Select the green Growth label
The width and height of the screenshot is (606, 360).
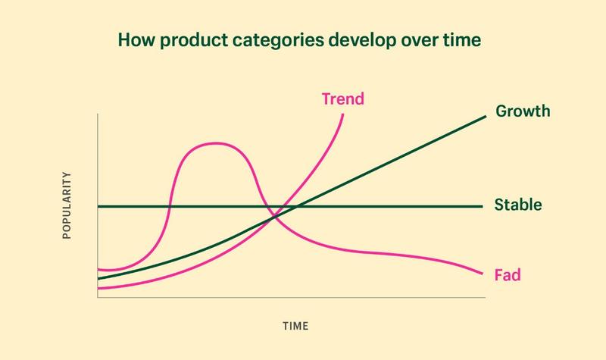[x=522, y=112]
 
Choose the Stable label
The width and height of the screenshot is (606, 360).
[x=517, y=205]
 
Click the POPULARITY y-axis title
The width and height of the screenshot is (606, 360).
[x=66, y=205]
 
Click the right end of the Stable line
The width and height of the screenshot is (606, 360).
[x=483, y=206]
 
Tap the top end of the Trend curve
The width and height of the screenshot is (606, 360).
[x=343, y=114]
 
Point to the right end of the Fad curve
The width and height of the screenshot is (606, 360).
[x=483, y=274]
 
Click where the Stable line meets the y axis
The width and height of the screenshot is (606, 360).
[x=98, y=206]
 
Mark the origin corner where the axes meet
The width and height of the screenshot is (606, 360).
[x=98, y=299]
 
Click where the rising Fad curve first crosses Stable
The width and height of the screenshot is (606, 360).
[x=169, y=206]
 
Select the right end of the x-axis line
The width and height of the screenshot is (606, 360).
[x=484, y=299]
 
